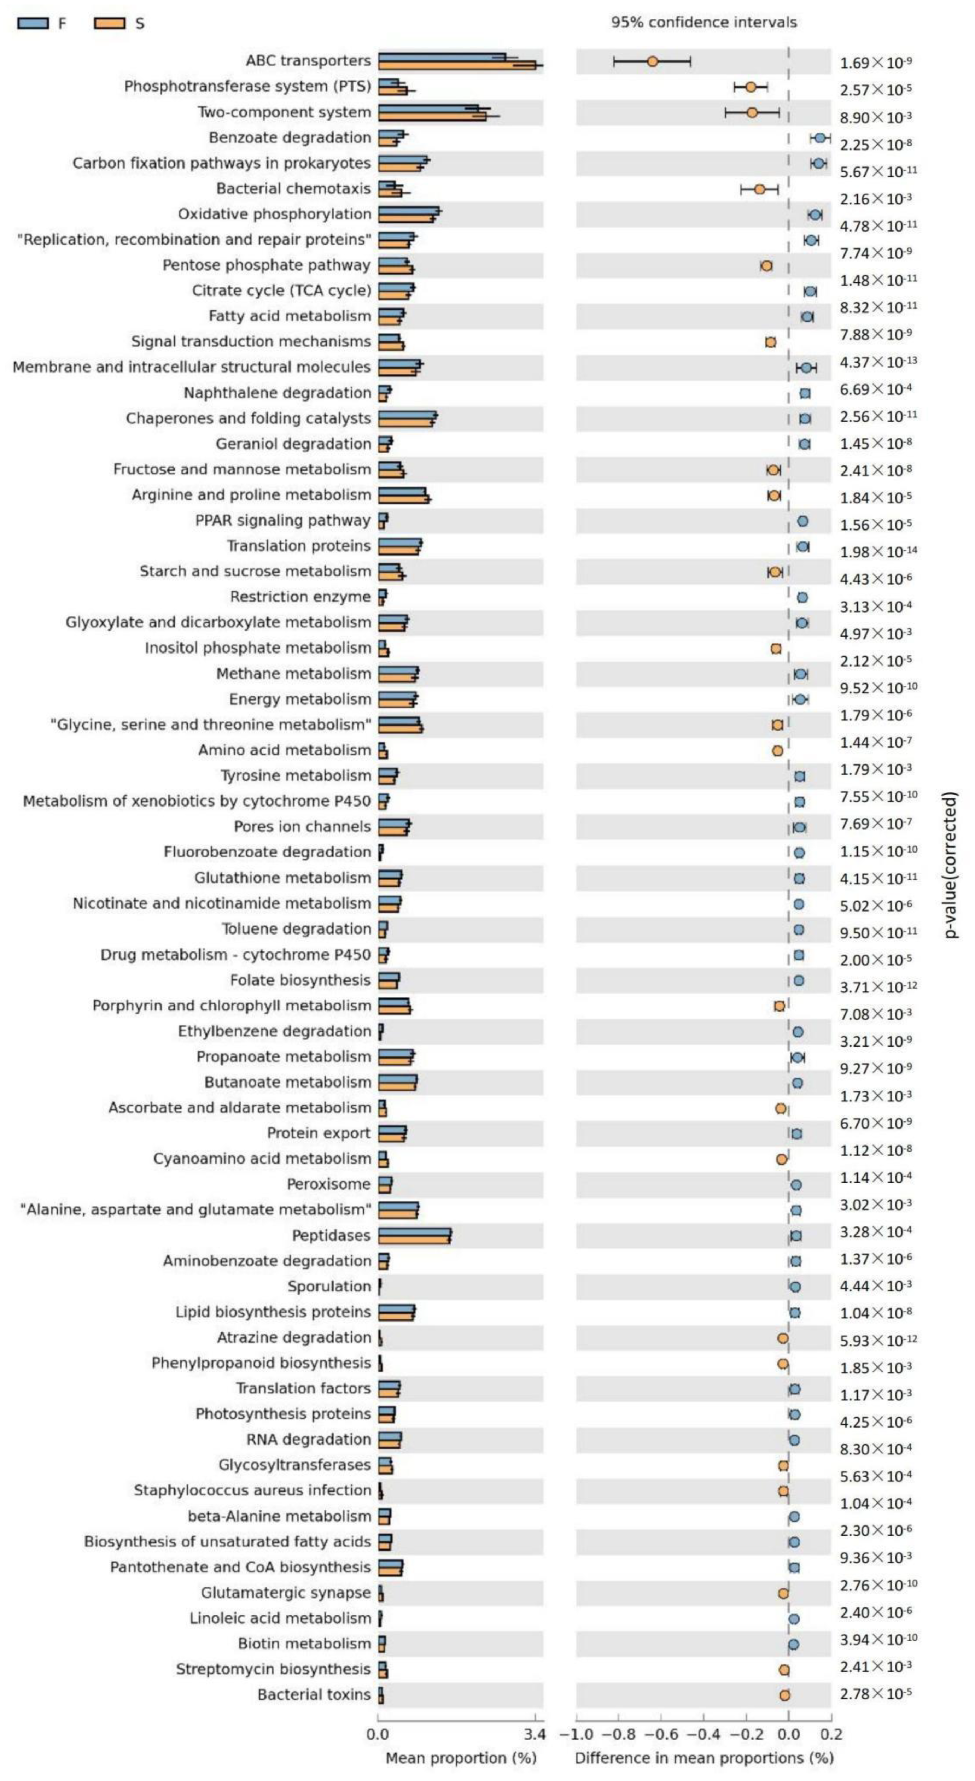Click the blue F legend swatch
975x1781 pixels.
[33, 23]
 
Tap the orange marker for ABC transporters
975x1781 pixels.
[652, 61]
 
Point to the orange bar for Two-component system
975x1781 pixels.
[432, 116]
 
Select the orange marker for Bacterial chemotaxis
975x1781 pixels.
[759, 189]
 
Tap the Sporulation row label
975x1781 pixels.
[329, 1286]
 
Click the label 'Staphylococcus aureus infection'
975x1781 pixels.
[252, 1490]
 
